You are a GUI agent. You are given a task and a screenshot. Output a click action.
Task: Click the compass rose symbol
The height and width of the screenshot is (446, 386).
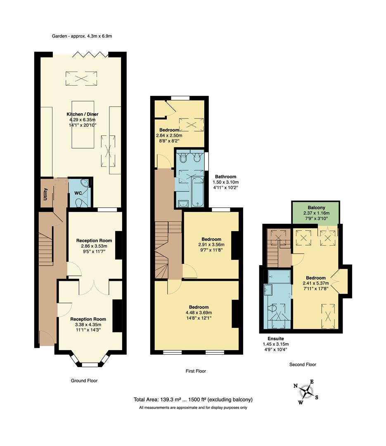(306, 391)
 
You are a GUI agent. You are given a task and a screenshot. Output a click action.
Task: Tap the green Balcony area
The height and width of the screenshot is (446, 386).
(316, 212)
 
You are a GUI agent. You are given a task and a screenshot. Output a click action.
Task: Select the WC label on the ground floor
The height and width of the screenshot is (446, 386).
(78, 193)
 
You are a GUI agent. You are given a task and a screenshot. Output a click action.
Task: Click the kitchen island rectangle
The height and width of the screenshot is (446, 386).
(85, 124)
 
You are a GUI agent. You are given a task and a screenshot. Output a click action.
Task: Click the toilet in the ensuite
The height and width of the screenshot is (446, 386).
(273, 309)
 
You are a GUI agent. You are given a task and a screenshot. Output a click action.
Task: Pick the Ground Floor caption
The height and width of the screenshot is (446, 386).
(85, 380)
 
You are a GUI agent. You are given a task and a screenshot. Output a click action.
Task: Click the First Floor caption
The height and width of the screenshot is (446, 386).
(196, 371)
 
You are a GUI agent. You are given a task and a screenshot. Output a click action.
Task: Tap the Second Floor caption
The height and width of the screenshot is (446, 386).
(303, 365)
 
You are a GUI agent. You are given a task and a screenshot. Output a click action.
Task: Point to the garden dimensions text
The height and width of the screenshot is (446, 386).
(82, 36)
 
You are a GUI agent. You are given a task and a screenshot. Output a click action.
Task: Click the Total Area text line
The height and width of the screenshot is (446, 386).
(193, 399)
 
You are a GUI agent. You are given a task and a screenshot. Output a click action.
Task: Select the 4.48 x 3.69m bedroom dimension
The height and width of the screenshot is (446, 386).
(199, 313)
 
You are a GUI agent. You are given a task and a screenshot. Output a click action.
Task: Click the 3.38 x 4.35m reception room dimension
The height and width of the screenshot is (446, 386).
(88, 325)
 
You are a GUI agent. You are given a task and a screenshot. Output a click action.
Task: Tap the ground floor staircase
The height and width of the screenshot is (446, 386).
(45, 248)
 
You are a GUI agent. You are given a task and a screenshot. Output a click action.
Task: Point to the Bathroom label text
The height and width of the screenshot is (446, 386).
(225, 177)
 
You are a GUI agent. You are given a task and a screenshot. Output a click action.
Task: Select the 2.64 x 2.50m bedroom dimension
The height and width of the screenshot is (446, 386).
(169, 135)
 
